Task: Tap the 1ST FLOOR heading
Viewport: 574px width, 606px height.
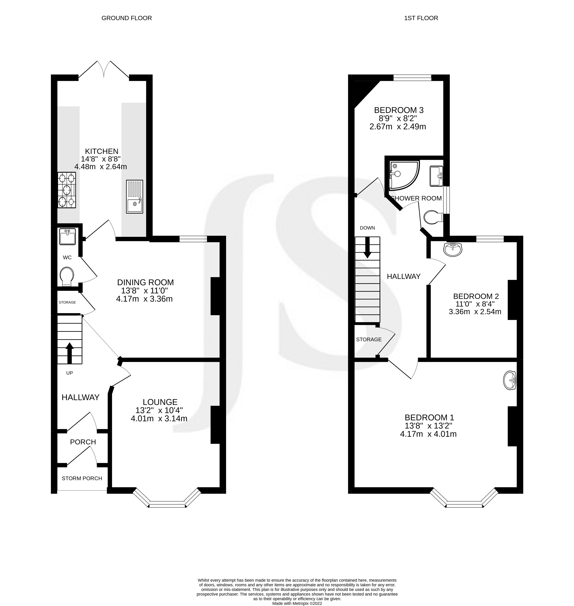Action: [x=421, y=18]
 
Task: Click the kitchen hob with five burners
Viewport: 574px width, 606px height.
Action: [x=67, y=190]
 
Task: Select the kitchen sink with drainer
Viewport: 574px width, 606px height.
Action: [x=134, y=196]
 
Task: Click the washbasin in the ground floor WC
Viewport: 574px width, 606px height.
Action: [x=67, y=237]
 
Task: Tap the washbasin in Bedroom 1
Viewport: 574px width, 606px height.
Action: [x=510, y=381]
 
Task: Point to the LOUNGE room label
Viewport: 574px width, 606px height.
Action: [x=160, y=402]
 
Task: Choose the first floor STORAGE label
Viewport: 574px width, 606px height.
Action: [x=369, y=339]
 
